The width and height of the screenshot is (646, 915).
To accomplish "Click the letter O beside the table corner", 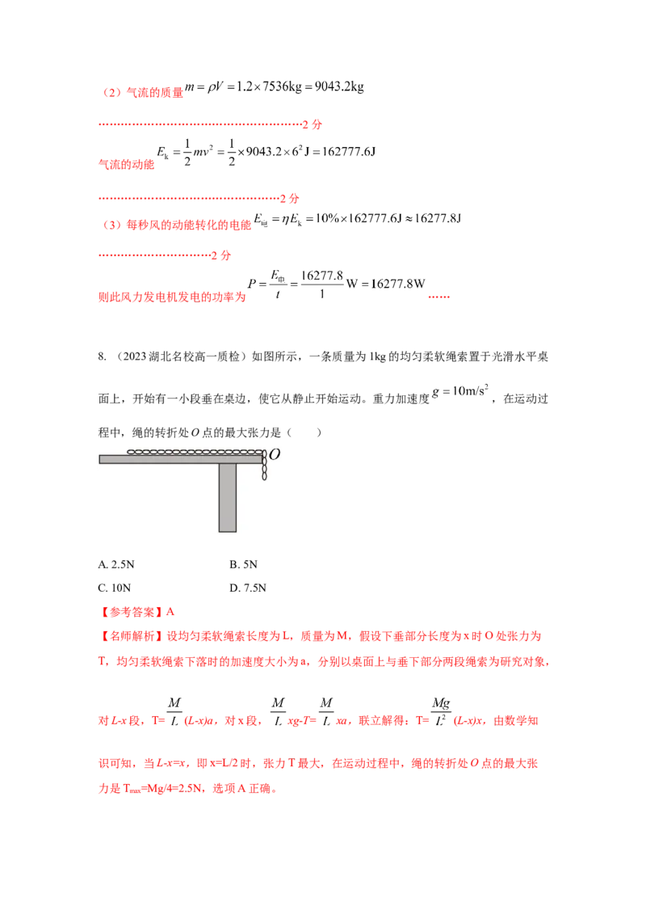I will point(275,455).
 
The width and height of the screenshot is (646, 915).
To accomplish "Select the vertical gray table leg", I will point(228,498).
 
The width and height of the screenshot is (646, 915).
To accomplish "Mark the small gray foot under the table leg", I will point(228,534).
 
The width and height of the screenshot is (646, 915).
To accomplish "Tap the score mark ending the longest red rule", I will point(316,125).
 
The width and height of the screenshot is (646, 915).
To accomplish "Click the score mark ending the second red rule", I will point(294,197).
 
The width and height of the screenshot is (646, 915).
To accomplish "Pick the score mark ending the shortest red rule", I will point(224,256).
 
